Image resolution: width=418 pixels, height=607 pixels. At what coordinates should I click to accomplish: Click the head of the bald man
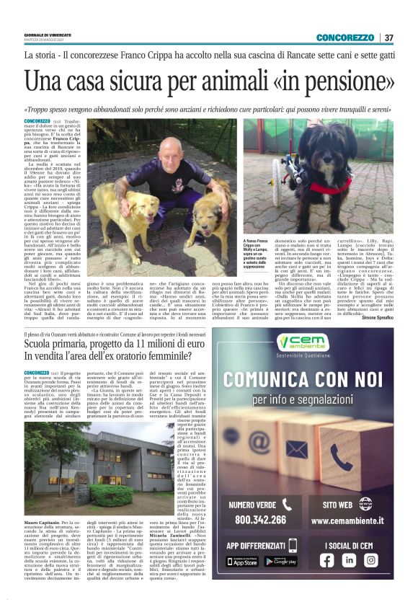point(170,150)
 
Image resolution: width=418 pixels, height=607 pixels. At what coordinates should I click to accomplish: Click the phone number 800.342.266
point(260,518)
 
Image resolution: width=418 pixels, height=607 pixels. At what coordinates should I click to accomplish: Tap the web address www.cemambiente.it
point(351,520)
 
